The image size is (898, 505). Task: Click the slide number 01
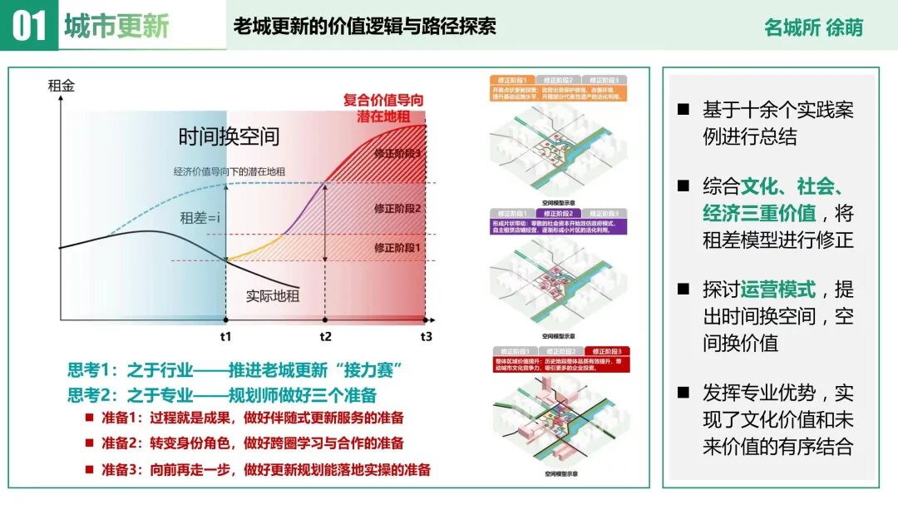29,26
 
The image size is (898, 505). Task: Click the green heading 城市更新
116,26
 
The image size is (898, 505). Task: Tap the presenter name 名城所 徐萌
813,27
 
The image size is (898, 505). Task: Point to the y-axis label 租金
61,85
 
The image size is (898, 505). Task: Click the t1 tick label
226,337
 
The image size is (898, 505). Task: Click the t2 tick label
325,337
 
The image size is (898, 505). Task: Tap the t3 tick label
426,337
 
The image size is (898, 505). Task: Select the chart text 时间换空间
229,136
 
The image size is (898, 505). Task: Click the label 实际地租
273,295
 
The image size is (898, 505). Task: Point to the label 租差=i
200,218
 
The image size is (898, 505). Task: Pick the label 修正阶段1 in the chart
397,247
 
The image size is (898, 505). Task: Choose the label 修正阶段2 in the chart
397,209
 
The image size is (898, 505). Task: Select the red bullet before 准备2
89,443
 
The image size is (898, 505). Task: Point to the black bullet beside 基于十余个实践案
683,110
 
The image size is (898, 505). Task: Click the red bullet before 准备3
89,469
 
